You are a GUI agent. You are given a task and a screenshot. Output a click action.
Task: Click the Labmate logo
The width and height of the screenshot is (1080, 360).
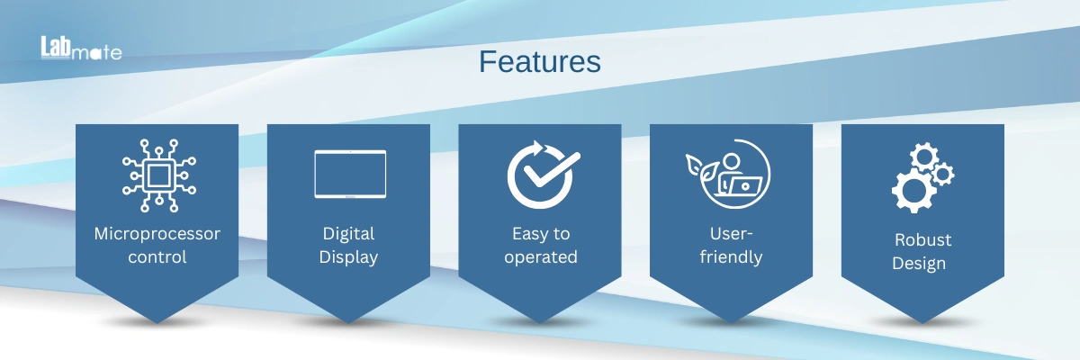click(81, 49)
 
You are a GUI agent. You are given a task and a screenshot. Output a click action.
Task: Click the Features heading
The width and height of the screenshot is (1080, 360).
click(539, 62)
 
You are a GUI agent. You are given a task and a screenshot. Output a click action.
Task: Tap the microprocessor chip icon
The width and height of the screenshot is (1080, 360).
click(158, 175)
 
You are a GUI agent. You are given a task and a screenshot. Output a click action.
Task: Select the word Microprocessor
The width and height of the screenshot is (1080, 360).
click(157, 234)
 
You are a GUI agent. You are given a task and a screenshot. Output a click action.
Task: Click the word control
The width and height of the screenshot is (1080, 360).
click(157, 256)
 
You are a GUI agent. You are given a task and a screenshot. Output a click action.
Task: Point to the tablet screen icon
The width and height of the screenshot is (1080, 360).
click(350, 174)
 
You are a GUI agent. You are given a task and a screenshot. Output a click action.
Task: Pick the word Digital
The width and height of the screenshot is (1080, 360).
click(348, 234)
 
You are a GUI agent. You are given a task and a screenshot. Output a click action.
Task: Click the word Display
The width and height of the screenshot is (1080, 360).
click(348, 257)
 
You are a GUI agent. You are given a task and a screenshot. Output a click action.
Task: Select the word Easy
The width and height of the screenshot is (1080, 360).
click(530, 234)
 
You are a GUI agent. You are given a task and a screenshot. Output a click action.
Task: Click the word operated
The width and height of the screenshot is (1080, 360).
click(541, 257)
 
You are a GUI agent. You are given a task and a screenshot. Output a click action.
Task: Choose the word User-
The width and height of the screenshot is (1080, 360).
click(731, 234)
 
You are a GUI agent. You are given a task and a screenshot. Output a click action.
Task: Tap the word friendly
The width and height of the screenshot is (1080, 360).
click(731, 256)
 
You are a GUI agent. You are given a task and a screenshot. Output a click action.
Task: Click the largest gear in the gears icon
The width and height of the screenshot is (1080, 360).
click(913, 191)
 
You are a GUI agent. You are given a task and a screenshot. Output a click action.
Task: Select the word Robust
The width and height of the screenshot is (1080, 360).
click(922, 240)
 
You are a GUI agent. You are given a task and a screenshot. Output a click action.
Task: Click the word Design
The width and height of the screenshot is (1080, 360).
click(919, 264)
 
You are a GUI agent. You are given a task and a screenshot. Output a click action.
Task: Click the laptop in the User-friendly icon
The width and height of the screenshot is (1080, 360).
click(744, 186)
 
